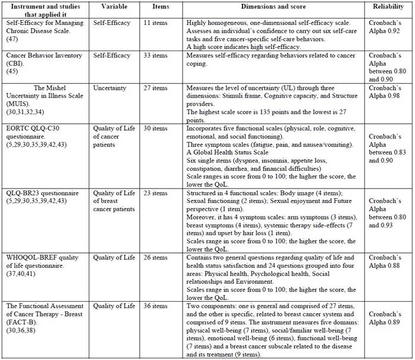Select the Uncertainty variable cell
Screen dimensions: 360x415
110,87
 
